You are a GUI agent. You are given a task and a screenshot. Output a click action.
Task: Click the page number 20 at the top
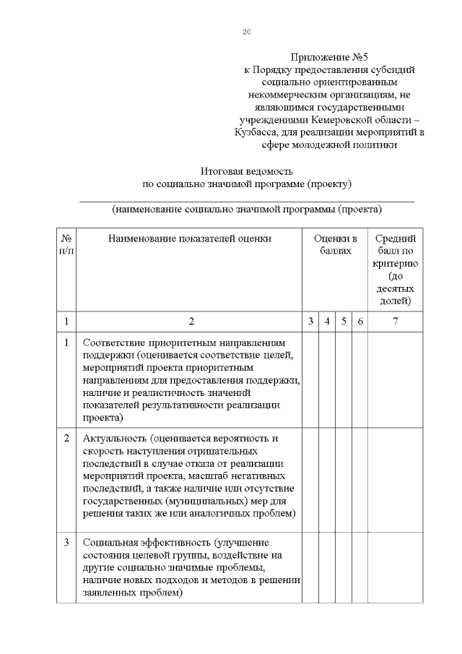[246, 33]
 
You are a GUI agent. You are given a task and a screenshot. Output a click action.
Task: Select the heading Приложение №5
[328, 57]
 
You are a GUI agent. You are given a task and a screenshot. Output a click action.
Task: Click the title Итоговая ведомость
[246, 171]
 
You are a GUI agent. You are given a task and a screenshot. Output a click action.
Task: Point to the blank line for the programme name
[246, 200]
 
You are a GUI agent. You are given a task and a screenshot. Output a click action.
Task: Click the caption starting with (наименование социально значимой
[246, 210]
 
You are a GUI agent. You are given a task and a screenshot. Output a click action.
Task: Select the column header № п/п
[66, 244]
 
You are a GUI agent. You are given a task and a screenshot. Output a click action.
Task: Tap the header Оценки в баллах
[335, 244]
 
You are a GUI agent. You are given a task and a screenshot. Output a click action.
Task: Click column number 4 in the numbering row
[327, 322]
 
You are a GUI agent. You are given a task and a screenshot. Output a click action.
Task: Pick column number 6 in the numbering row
[359, 322]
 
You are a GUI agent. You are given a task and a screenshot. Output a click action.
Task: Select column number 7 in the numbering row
[395, 322]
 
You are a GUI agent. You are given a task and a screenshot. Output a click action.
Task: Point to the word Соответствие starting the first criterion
[114, 343]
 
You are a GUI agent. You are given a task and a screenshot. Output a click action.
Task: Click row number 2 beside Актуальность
[66, 438]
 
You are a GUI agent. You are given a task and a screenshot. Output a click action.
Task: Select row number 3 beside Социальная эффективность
[66, 542]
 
